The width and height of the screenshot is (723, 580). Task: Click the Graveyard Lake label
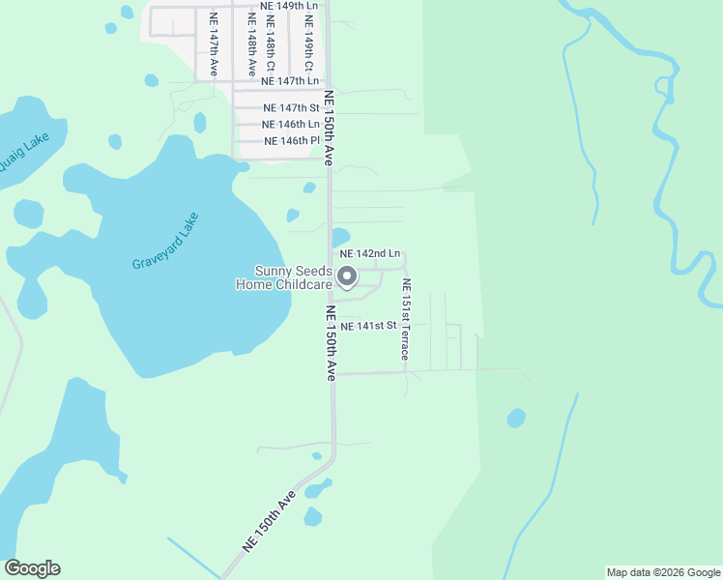pyautogui.click(x=165, y=241)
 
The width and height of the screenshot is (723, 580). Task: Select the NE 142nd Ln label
pyautogui.click(x=370, y=253)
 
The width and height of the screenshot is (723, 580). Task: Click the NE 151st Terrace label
pyautogui.click(x=407, y=319)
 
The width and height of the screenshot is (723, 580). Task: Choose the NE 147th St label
pyautogui.click(x=291, y=108)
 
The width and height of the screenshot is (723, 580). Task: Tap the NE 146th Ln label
pyautogui.click(x=291, y=124)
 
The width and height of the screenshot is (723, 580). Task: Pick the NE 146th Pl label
pyautogui.click(x=291, y=140)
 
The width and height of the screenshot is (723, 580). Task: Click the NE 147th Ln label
pyautogui.click(x=283, y=82)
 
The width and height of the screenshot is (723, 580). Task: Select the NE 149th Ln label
pyautogui.click(x=289, y=5)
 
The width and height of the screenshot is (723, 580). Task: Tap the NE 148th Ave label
pyautogui.click(x=251, y=45)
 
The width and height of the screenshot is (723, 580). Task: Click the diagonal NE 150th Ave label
pyautogui.click(x=270, y=521)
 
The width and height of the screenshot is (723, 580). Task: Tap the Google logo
pyautogui.click(x=32, y=568)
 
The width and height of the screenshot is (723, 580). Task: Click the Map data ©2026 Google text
pyautogui.click(x=663, y=572)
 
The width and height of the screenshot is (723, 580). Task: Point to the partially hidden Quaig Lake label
pyautogui.click(x=22, y=154)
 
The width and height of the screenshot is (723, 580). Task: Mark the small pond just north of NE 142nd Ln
pyautogui.click(x=340, y=236)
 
